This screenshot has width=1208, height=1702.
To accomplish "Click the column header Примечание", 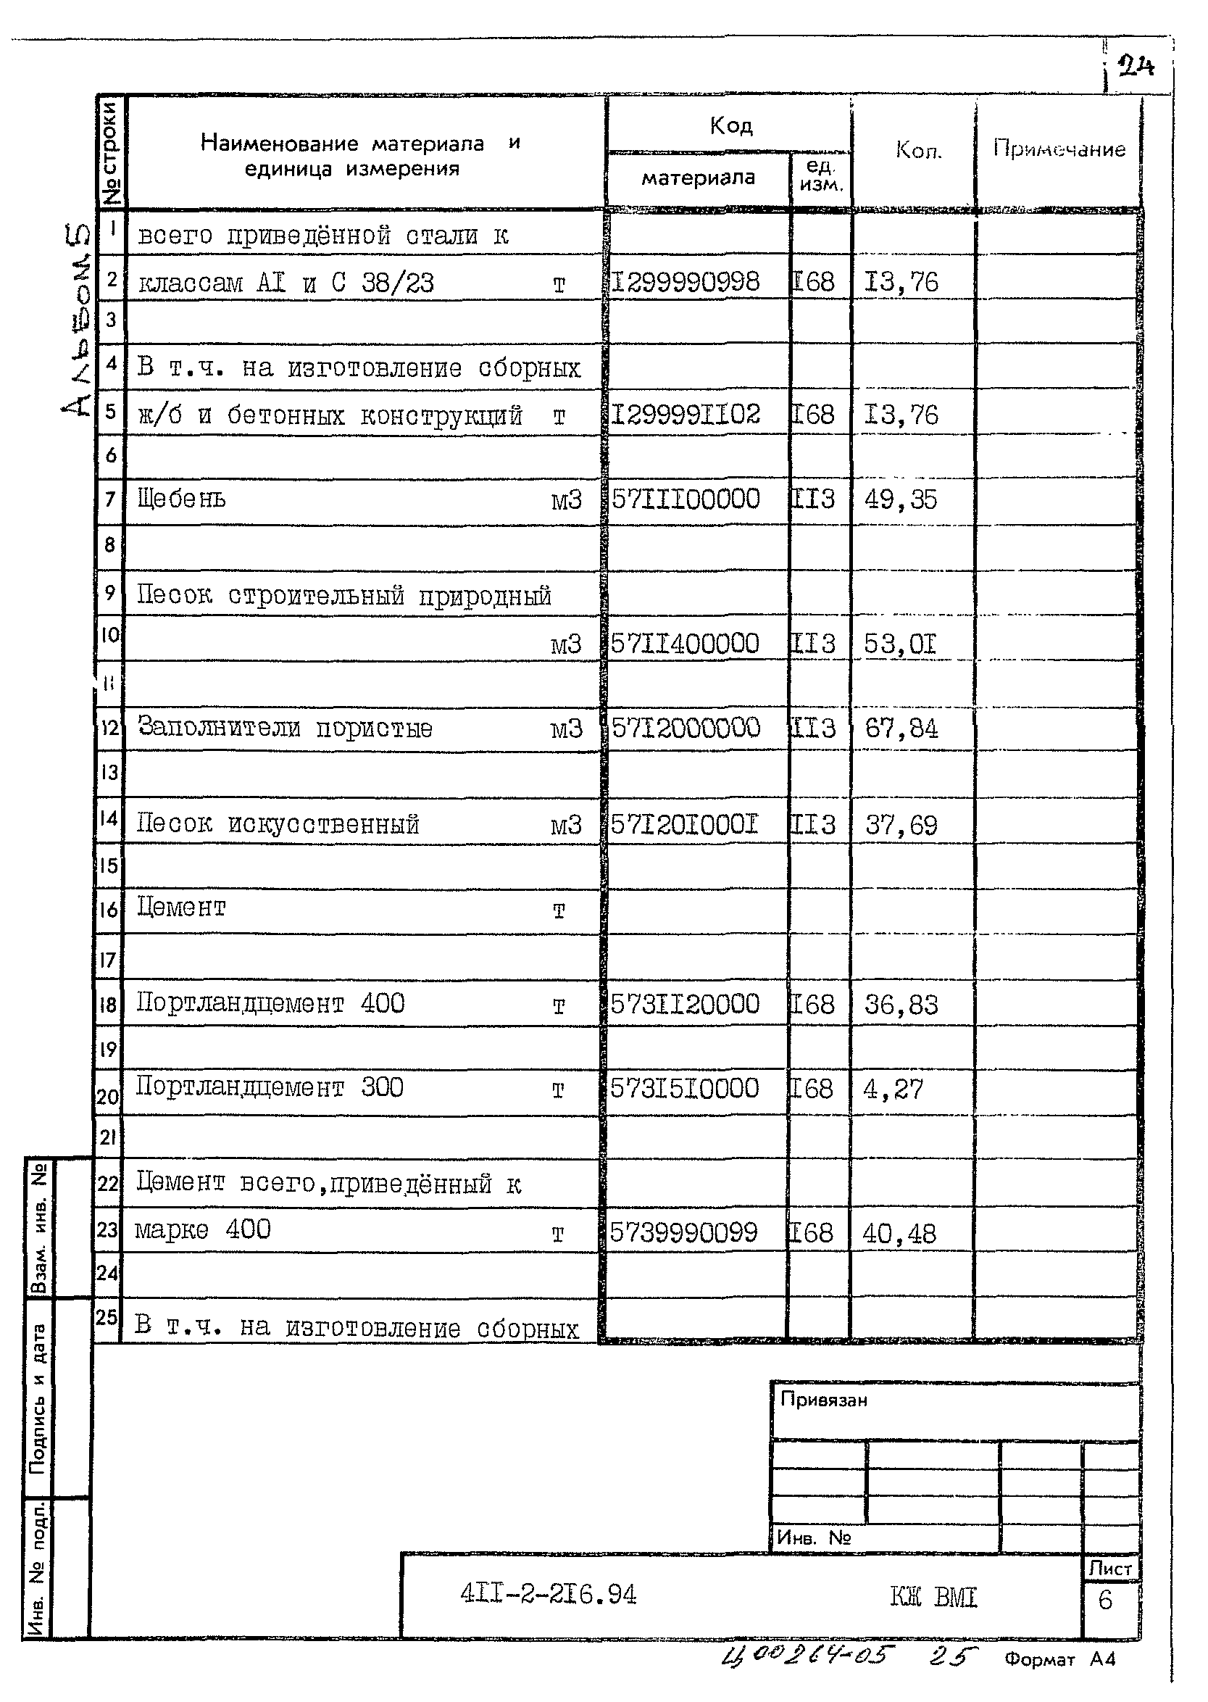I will (x=1059, y=149).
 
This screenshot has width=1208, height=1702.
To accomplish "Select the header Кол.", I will (x=919, y=150).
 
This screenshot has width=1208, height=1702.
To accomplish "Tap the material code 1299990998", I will (x=686, y=282).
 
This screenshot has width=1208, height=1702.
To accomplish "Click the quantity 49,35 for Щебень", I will (x=901, y=499).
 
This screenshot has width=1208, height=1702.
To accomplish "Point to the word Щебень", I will (x=181, y=499).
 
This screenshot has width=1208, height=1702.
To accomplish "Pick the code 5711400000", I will (x=685, y=644).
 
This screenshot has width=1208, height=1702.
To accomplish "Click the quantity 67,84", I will (x=901, y=728).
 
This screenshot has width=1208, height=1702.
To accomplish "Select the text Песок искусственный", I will (x=278, y=823).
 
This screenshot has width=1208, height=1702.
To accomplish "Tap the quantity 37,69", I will (x=901, y=825).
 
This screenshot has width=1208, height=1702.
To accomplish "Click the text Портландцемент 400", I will (x=271, y=1003).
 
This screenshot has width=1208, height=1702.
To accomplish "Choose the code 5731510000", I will (x=684, y=1088).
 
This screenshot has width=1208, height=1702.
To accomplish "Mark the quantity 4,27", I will (x=893, y=1089).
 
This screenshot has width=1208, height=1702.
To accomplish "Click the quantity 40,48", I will (x=899, y=1234).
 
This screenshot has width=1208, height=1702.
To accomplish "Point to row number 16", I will (x=109, y=909).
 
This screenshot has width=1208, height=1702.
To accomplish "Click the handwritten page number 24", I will (x=1136, y=67).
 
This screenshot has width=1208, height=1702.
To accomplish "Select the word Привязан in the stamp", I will (x=823, y=1400).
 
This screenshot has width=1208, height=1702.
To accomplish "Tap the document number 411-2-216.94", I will (x=549, y=1594).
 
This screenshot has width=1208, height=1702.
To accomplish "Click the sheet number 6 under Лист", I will (x=1105, y=1600).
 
